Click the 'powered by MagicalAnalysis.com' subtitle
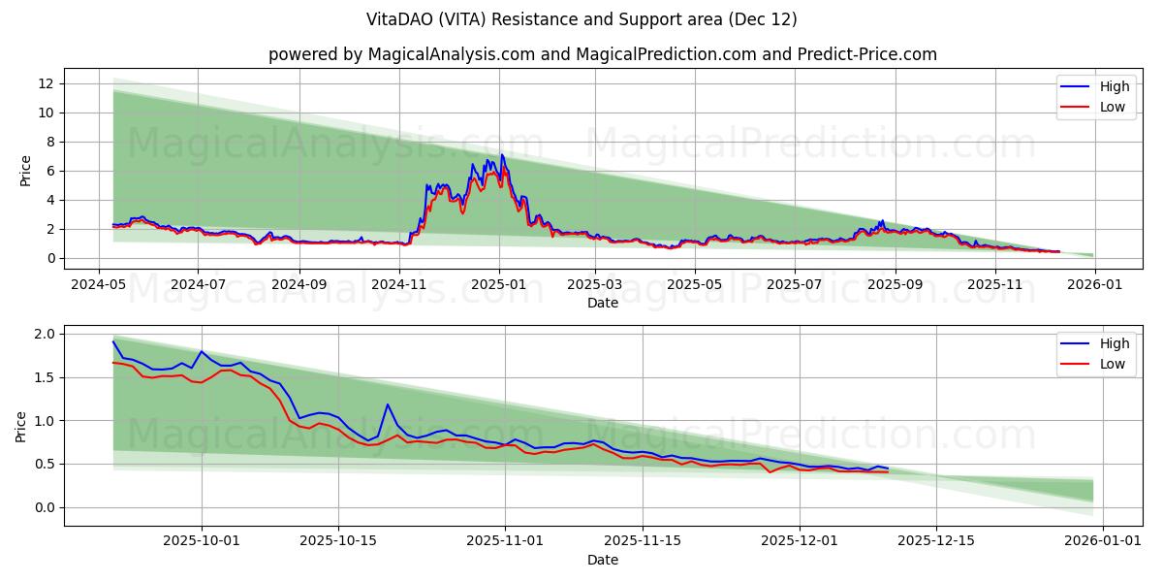tap(401, 54)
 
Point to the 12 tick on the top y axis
tap(45, 83)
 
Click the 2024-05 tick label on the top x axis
tap(98, 285)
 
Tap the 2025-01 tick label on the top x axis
tap(499, 285)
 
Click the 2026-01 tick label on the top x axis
tap(1094, 285)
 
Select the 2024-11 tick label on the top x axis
tap(399, 285)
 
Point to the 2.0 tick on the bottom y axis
tap(43, 334)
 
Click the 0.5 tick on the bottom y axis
tap(43, 464)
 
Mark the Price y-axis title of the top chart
tap(25, 171)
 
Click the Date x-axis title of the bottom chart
tap(602, 560)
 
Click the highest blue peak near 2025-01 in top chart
tap(501, 155)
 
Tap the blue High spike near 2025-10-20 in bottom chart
tap(388, 404)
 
